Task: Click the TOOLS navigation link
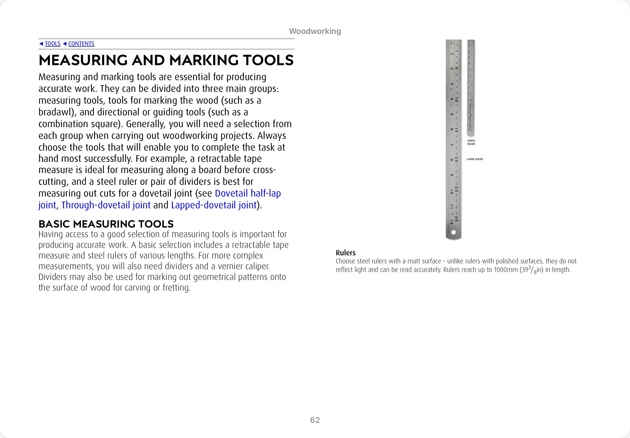pyautogui.click(x=52, y=44)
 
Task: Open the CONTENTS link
pyautogui.click(x=81, y=44)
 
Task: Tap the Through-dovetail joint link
pyautogui.click(x=106, y=205)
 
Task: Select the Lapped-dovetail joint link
pyautogui.click(x=214, y=205)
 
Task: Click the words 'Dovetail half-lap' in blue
pyautogui.click(x=248, y=193)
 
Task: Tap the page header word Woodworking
pyautogui.click(x=315, y=31)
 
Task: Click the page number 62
pyautogui.click(x=315, y=420)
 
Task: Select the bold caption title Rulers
pyautogui.click(x=346, y=253)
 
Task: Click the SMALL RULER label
pyautogui.click(x=471, y=142)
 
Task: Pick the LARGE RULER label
pyautogui.click(x=475, y=159)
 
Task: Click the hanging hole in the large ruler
pyautogui.click(x=453, y=232)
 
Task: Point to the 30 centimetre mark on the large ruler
pyautogui.click(x=456, y=219)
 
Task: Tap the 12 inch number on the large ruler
pyautogui.click(x=451, y=223)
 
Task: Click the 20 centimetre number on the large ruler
pyautogui.click(x=456, y=159)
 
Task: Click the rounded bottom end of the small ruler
pyautogui.click(x=471, y=135)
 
